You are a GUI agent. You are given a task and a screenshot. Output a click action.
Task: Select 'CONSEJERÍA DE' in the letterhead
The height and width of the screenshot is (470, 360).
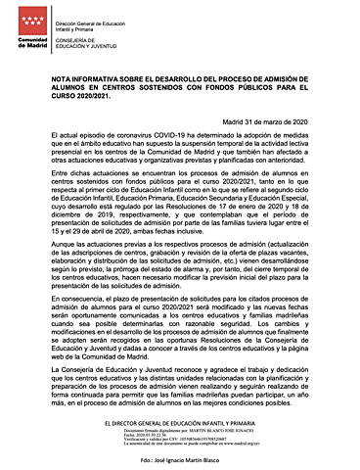[80, 38]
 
